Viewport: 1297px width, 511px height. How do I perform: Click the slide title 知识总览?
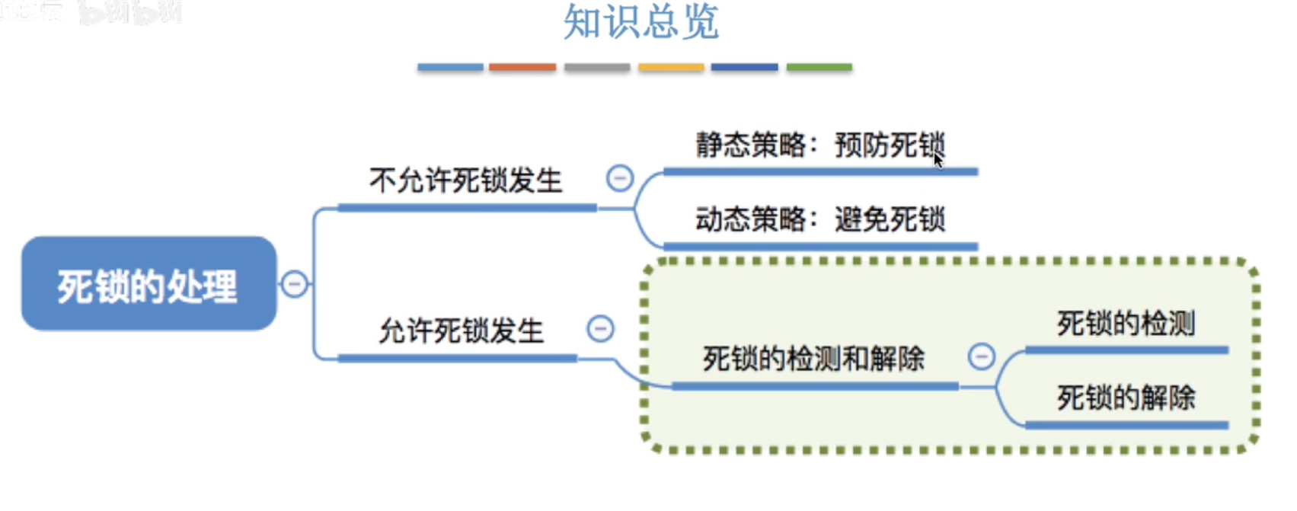point(641,22)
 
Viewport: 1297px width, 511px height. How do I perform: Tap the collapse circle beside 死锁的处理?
point(295,284)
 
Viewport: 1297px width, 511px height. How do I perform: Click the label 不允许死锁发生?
point(465,181)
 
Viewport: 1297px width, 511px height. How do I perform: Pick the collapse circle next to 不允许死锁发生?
point(619,178)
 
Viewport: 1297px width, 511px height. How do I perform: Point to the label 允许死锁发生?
point(462,331)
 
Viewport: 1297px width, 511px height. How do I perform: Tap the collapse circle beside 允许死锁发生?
point(600,329)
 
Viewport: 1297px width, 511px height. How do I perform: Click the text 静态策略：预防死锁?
point(819,145)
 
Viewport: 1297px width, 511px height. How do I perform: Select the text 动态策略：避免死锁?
point(819,219)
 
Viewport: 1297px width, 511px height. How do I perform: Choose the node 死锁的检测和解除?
point(813,359)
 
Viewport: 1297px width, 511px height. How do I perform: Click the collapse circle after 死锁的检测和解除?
point(981,356)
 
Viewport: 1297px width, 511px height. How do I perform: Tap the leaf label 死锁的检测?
point(1126,324)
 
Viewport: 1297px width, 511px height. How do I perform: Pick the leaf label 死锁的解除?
point(1126,398)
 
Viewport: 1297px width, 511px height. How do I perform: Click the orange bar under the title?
point(522,68)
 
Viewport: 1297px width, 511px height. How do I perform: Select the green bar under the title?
point(819,68)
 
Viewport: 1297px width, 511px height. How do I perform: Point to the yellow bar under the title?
point(671,68)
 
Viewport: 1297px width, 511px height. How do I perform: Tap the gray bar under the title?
point(597,68)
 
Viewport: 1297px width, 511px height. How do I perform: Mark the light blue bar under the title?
point(450,68)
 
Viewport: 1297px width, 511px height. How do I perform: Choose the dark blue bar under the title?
point(745,68)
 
